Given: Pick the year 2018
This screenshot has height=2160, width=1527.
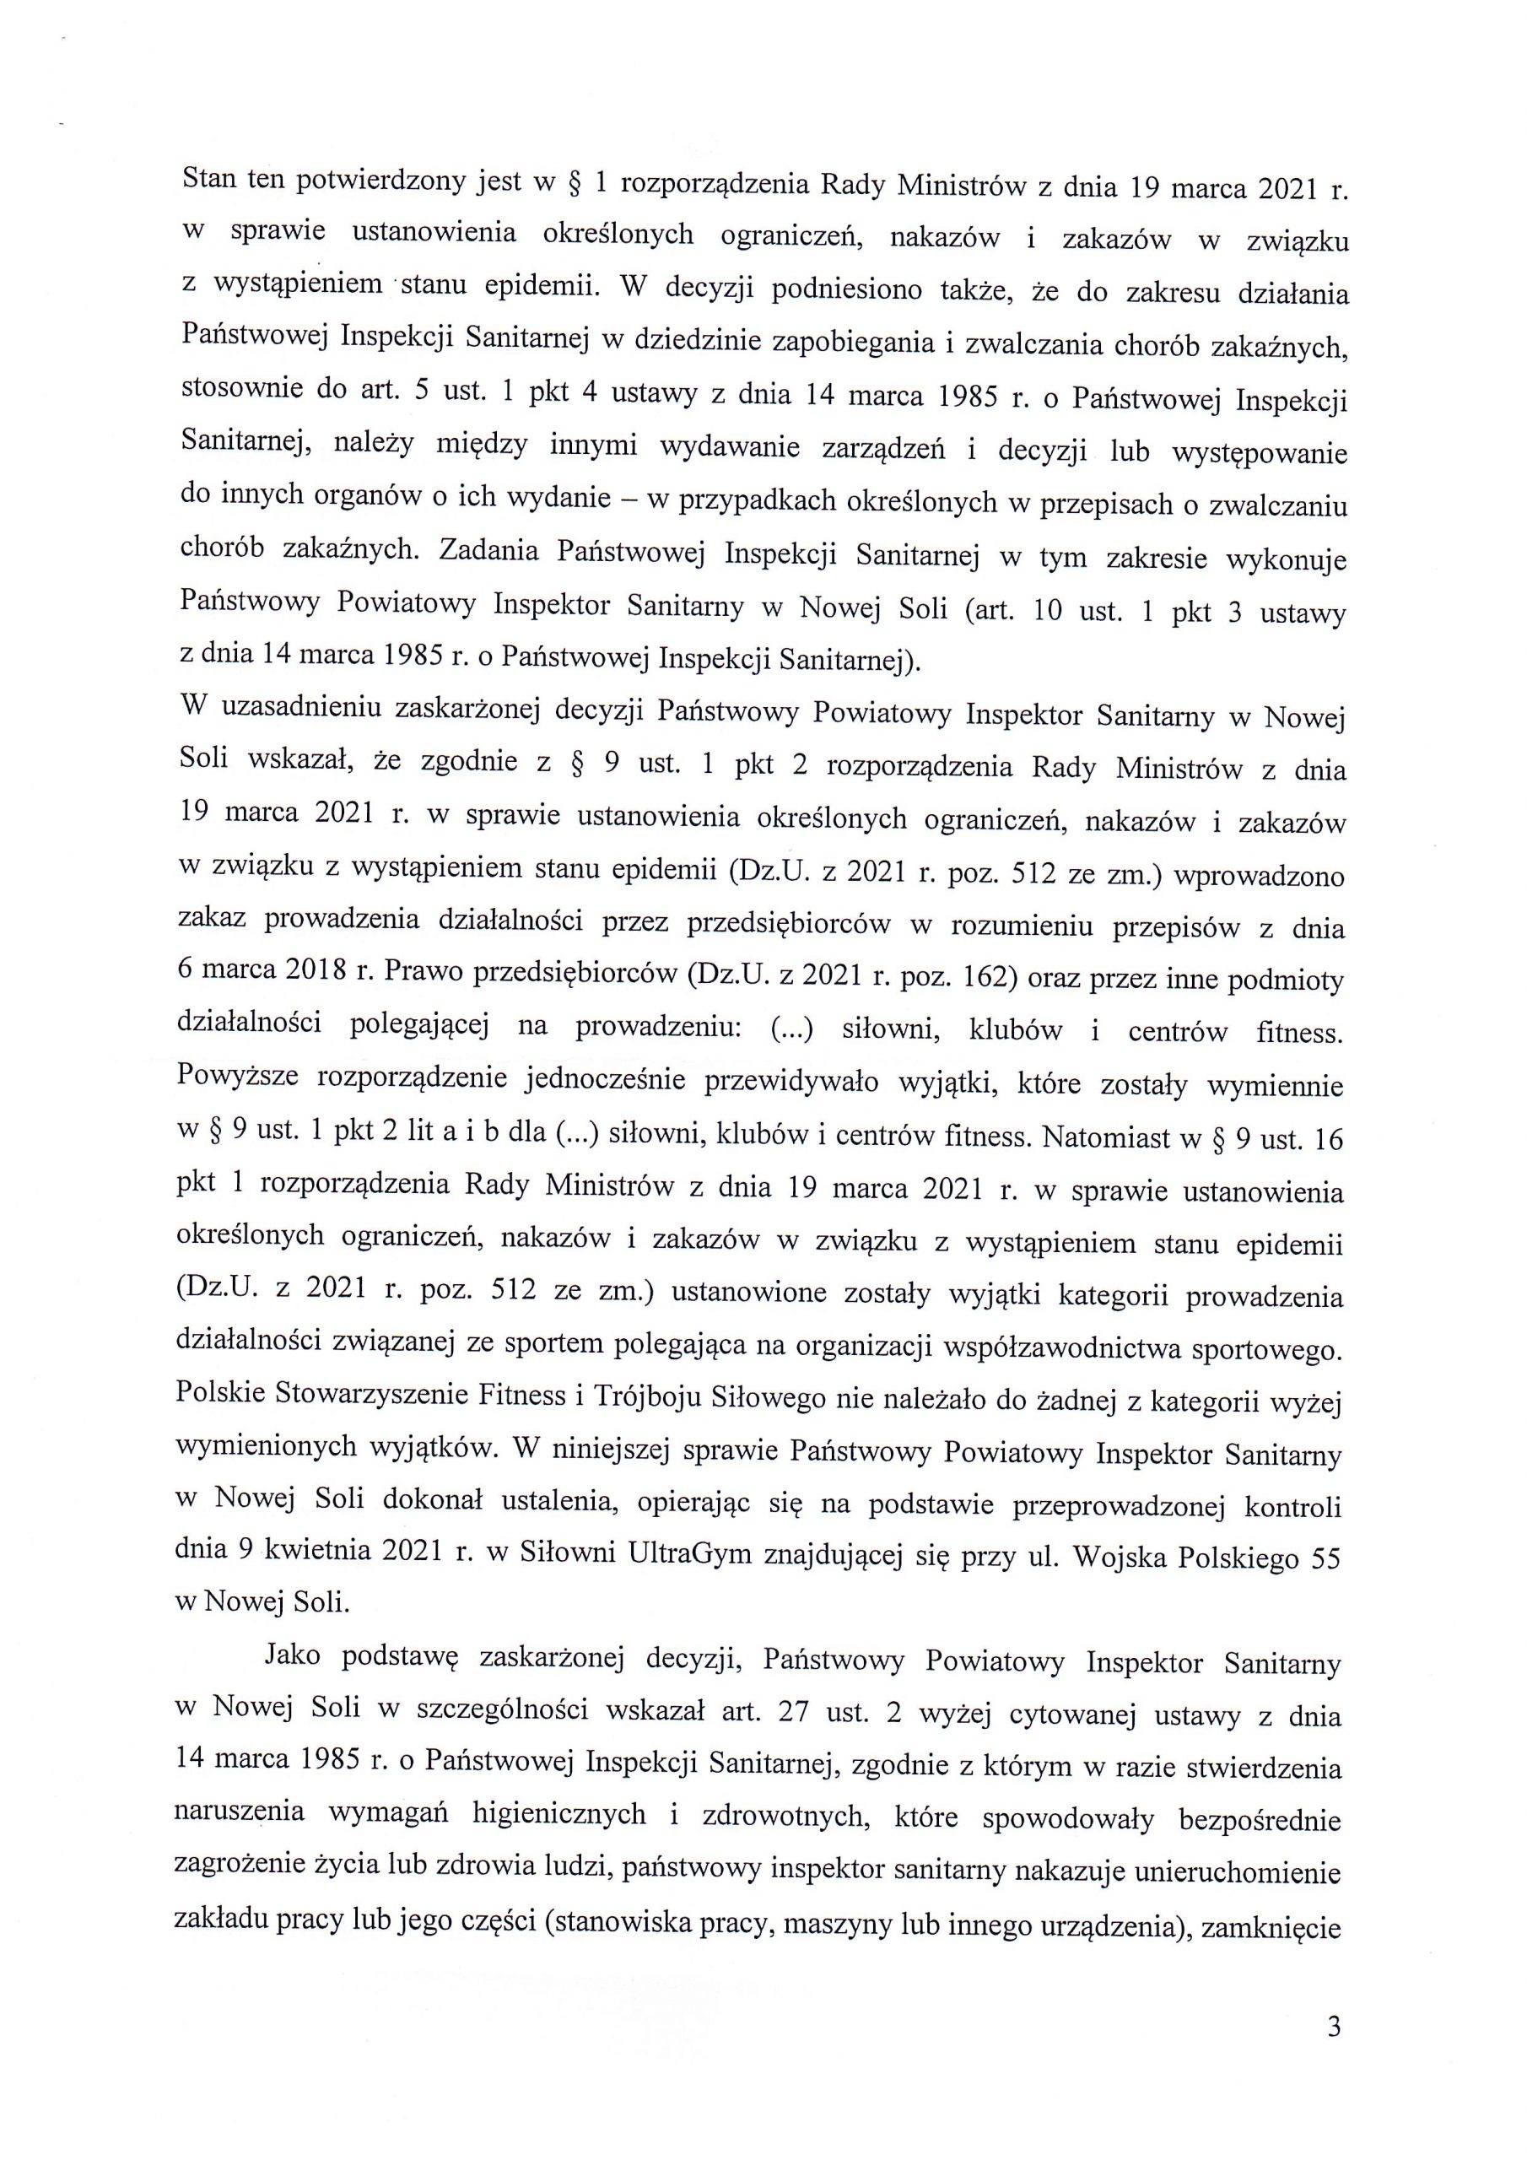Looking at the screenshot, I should click(308, 972).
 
